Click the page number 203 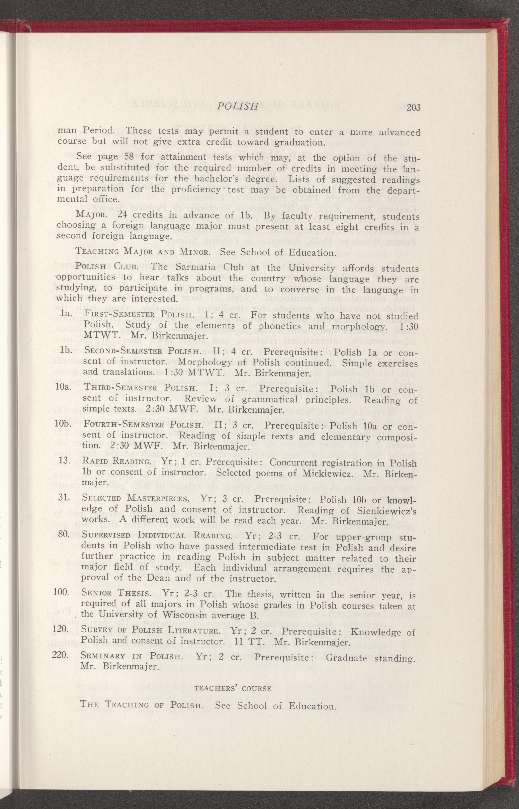[x=413, y=108]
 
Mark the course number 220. [x=61, y=655]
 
